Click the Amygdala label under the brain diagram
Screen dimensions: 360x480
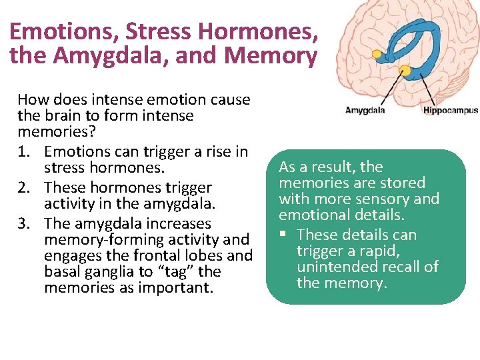[365, 110]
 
